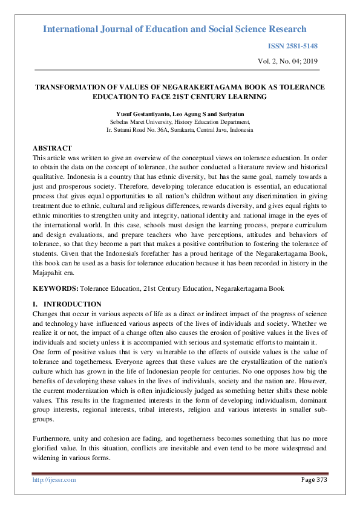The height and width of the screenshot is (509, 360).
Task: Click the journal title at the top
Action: (175, 29)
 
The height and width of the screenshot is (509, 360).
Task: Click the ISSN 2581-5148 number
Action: (292, 47)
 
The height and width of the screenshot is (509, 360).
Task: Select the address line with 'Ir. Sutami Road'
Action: (180, 129)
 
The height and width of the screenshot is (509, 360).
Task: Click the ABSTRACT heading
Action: (52, 148)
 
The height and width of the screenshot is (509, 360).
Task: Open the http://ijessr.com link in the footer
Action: (54, 479)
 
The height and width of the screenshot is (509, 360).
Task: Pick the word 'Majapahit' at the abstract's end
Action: (49, 274)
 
